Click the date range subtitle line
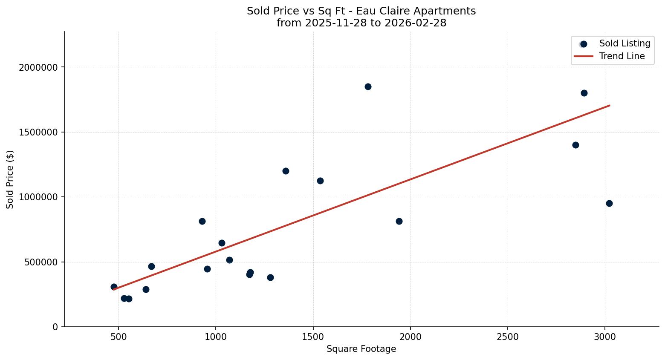pos(361,23)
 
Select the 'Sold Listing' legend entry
pos(625,43)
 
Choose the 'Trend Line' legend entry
pos(622,56)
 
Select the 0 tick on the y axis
pos(55,327)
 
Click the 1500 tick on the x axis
pos(313,337)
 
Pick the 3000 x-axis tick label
pos(605,337)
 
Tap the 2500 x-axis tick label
pos(508,337)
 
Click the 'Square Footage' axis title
pos(361,349)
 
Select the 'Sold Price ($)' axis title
pos(10,179)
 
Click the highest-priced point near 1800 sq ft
pos(368,86)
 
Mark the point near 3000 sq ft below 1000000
pos(609,203)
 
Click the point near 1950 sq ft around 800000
pos(399,221)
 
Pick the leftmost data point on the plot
pos(114,287)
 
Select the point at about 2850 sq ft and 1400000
pos(575,145)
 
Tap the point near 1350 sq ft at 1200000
pos(286,171)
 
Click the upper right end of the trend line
pos(609,105)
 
